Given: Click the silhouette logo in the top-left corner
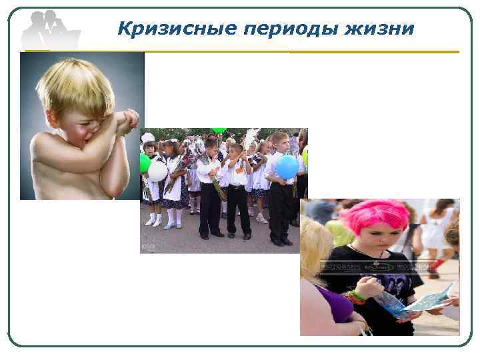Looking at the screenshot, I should coord(50,29).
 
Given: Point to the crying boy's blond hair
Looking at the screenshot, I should coord(73,84).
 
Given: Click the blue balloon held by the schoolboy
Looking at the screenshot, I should coord(287,167).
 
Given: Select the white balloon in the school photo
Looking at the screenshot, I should coord(157,171).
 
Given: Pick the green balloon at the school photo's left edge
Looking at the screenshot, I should coord(144,163).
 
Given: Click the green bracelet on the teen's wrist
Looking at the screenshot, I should coord(357,296).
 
